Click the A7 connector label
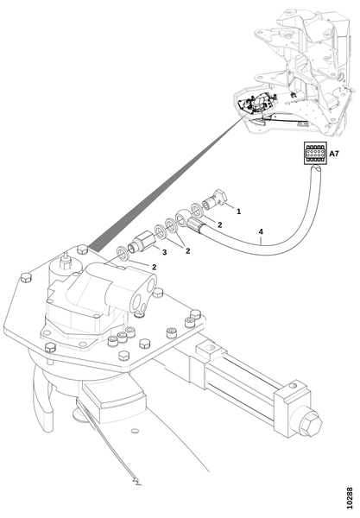click(334, 154)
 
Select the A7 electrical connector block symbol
click(315, 154)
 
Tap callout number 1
click(239, 212)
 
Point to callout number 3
click(164, 252)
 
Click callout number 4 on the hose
click(261, 232)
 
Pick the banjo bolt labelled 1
click(215, 200)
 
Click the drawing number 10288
click(350, 497)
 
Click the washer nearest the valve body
click(123, 253)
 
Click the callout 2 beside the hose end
click(220, 225)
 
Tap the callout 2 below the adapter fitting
click(154, 267)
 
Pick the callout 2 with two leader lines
click(187, 251)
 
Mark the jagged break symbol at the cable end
click(136, 482)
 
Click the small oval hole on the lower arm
click(135, 431)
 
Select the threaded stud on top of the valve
click(66, 261)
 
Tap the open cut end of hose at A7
click(315, 169)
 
